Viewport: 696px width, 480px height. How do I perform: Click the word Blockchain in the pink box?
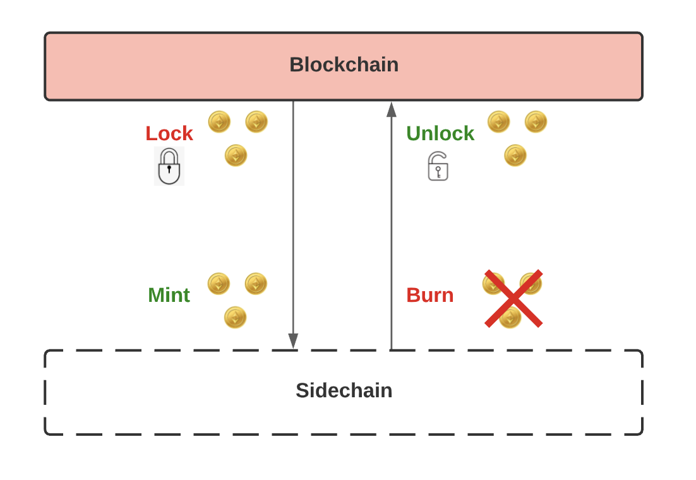pyautogui.click(x=344, y=65)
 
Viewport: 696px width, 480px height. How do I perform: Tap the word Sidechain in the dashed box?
pyautogui.click(x=344, y=391)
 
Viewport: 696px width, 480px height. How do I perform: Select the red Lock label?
pyautogui.click(x=169, y=133)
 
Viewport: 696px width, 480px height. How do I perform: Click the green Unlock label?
pyautogui.click(x=440, y=133)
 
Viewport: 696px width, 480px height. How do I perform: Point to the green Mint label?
pyautogui.click(x=169, y=295)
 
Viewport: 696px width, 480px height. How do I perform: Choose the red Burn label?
pyautogui.click(x=429, y=295)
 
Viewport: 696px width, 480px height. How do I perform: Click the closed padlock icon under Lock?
pyautogui.click(x=169, y=166)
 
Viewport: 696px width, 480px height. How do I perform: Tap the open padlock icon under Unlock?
pyautogui.click(x=438, y=167)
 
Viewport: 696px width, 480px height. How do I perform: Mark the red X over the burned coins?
pyautogui.click(x=513, y=299)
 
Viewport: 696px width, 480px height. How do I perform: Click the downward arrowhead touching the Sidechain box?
pyautogui.click(x=293, y=340)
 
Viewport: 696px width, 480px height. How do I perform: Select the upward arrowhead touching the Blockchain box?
pyautogui.click(x=392, y=110)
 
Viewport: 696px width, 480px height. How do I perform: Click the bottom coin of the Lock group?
pyautogui.click(x=236, y=155)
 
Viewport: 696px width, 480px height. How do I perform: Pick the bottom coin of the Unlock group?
pyautogui.click(x=515, y=155)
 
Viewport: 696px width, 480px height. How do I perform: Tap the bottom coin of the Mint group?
pyautogui.click(x=235, y=317)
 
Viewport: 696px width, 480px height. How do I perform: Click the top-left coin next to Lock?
pyautogui.click(x=219, y=122)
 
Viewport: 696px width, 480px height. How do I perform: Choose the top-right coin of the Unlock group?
pyautogui.click(x=536, y=122)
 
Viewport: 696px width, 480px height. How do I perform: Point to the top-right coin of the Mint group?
pyautogui.click(x=256, y=284)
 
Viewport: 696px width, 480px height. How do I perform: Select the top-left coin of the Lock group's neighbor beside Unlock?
pyautogui.click(x=498, y=122)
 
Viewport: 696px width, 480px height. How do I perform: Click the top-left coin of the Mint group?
pyautogui.click(x=219, y=284)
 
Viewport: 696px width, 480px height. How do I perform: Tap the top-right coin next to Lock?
pyautogui.click(x=256, y=122)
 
